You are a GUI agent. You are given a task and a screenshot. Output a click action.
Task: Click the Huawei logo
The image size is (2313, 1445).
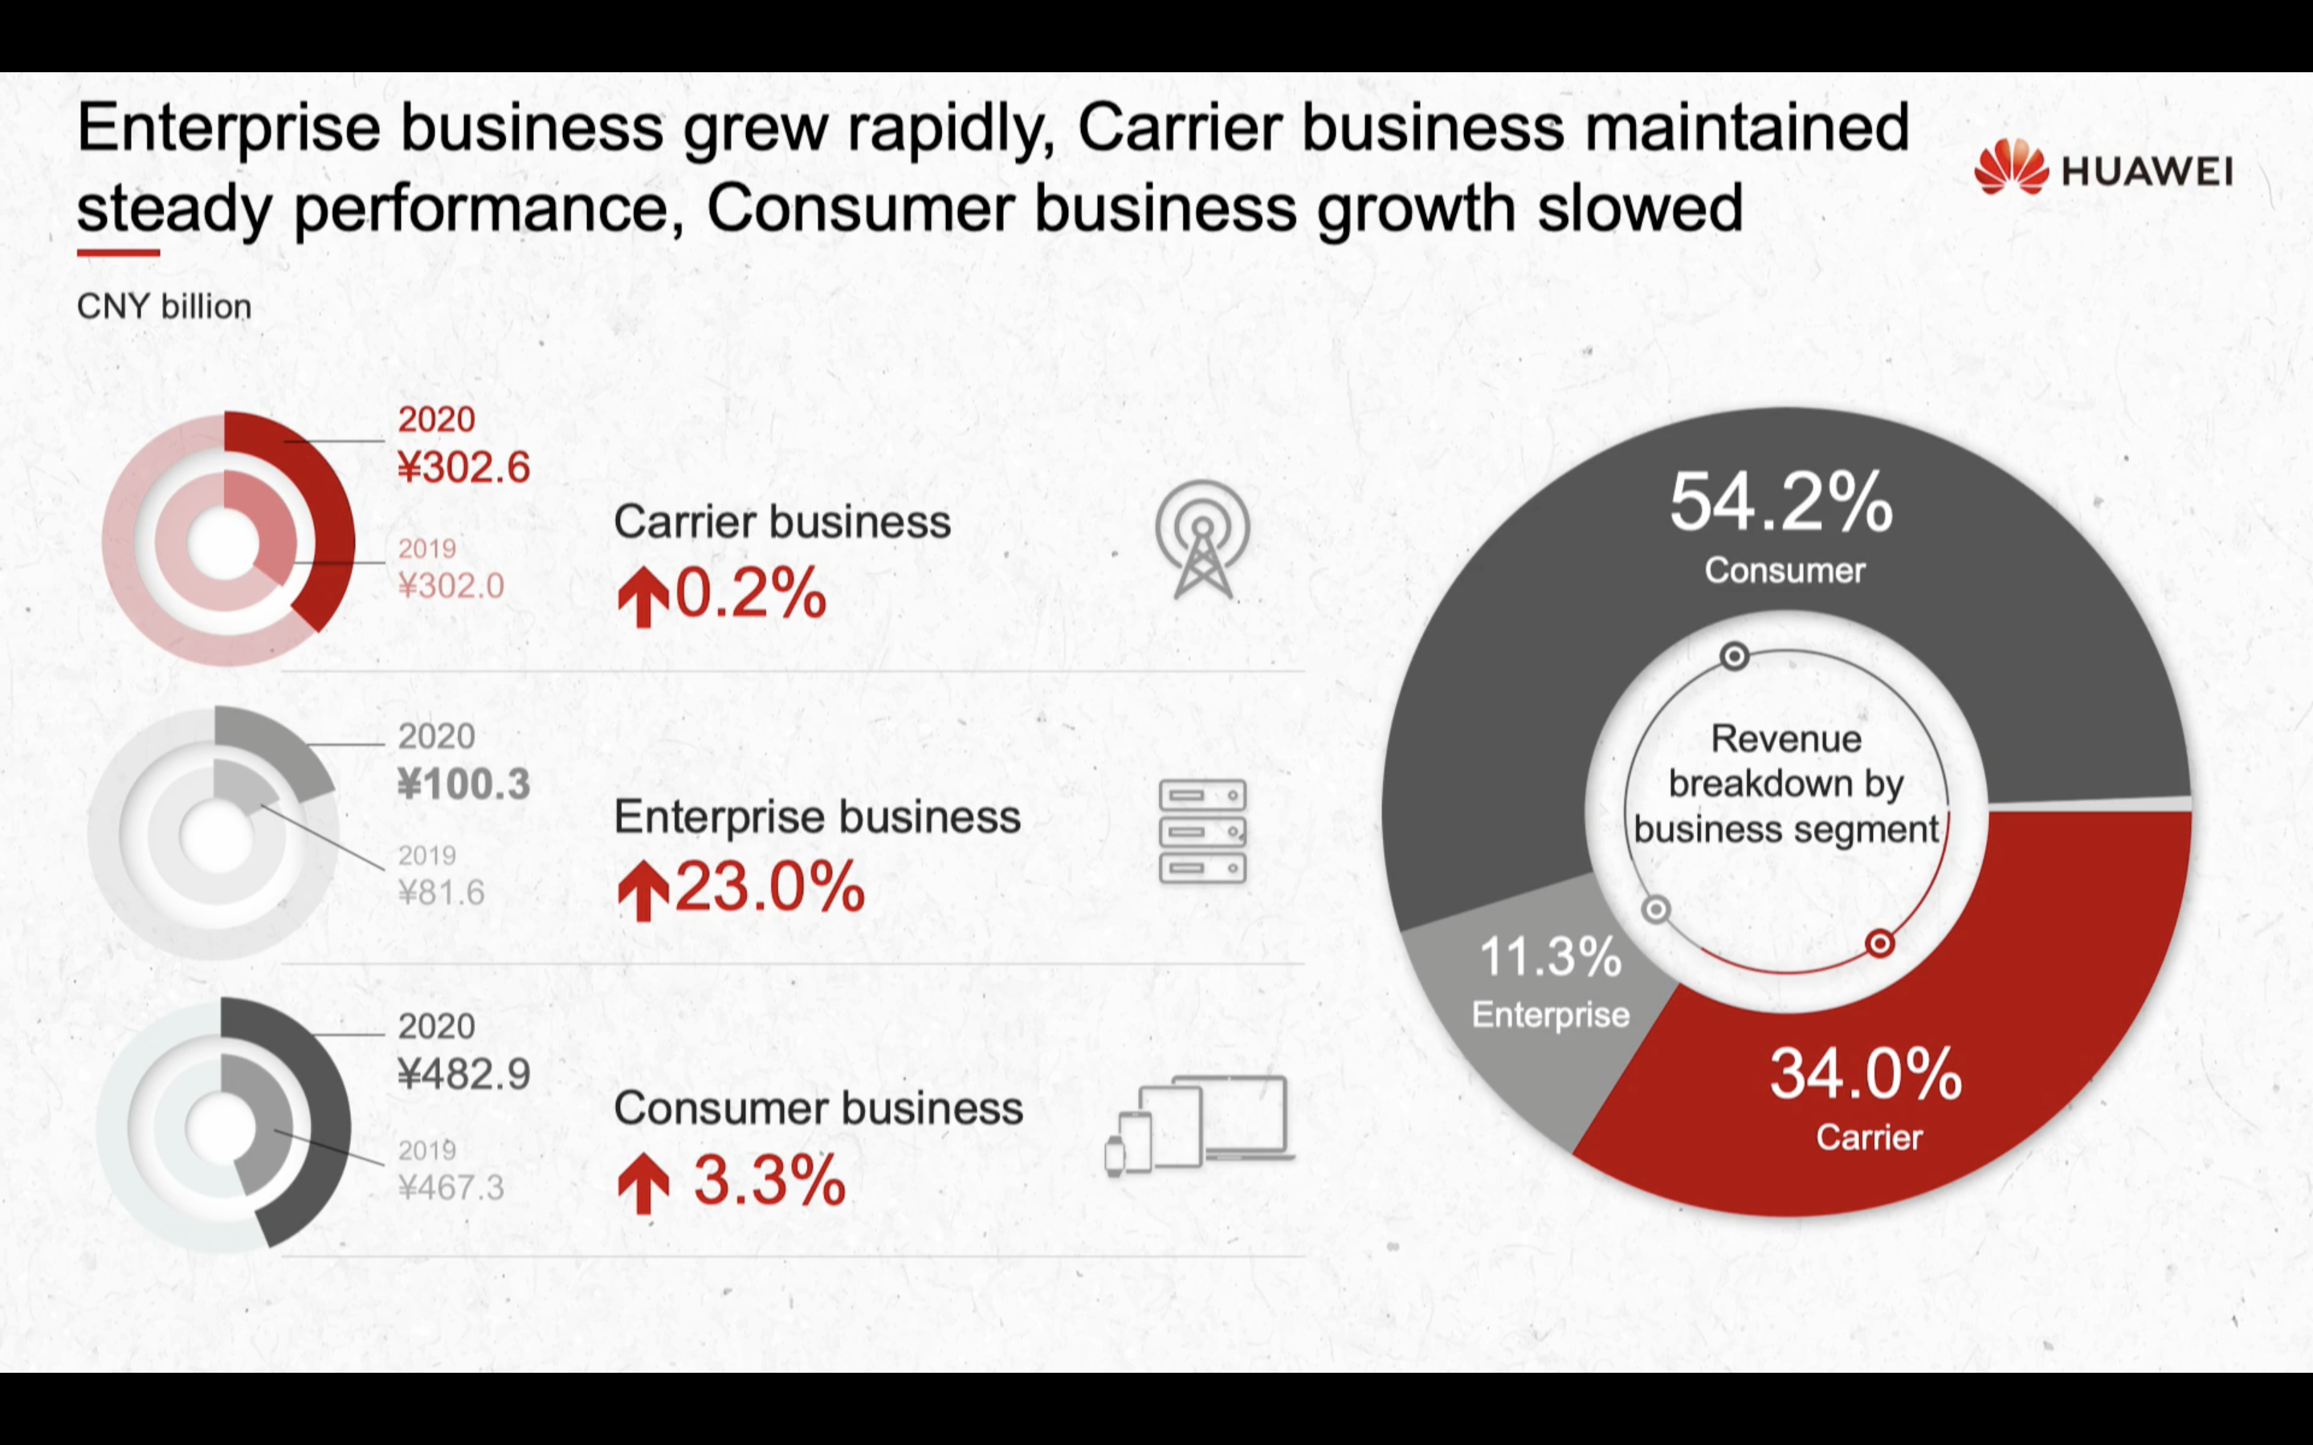pyautogui.click(x=2103, y=169)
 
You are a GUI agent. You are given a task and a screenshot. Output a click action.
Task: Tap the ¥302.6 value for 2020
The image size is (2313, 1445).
pyautogui.click(x=463, y=467)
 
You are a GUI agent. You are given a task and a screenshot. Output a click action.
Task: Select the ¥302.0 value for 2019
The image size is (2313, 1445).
pyautogui.click(x=451, y=585)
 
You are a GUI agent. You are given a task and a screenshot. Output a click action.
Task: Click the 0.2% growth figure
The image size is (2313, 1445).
pyautogui.click(x=750, y=593)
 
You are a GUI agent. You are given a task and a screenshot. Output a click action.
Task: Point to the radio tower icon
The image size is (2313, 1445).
pyautogui.click(x=1201, y=539)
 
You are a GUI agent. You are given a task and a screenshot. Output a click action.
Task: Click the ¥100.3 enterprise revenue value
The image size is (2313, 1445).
pyautogui.click(x=463, y=784)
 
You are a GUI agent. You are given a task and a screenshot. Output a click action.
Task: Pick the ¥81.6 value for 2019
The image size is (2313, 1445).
pyautogui.click(x=441, y=893)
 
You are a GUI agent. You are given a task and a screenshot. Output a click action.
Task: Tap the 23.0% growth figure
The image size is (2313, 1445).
pyautogui.click(x=769, y=888)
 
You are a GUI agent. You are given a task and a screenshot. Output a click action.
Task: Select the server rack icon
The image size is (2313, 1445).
pyautogui.click(x=1202, y=832)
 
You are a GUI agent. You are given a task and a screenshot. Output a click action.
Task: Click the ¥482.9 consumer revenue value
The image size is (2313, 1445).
pyautogui.click(x=463, y=1075)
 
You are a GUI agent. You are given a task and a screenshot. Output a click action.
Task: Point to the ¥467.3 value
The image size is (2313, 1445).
pyautogui.click(x=451, y=1188)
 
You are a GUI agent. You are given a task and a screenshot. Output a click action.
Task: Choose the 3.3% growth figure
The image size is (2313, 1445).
pyautogui.click(x=769, y=1180)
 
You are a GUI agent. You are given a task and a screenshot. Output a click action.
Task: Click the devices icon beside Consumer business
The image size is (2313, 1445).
pyautogui.click(x=1200, y=1125)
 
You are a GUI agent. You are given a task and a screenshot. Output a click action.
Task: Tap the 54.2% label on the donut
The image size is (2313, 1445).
pyautogui.click(x=1781, y=503)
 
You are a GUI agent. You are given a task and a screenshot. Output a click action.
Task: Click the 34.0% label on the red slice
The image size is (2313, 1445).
pyautogui.click(x=1866, y=1074)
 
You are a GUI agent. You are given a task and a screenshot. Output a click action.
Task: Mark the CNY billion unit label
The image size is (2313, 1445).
pyautogui.click(x=164, y=307)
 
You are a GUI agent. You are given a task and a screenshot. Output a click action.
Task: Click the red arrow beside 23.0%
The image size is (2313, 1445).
pyautogui.click(x=643, y=889)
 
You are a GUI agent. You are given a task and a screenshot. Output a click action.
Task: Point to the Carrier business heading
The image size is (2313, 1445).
pyautogui.click(x=781, y=522)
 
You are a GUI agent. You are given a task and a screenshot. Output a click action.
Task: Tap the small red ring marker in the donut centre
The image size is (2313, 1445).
pyautogui.click(x=1879, y=944)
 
